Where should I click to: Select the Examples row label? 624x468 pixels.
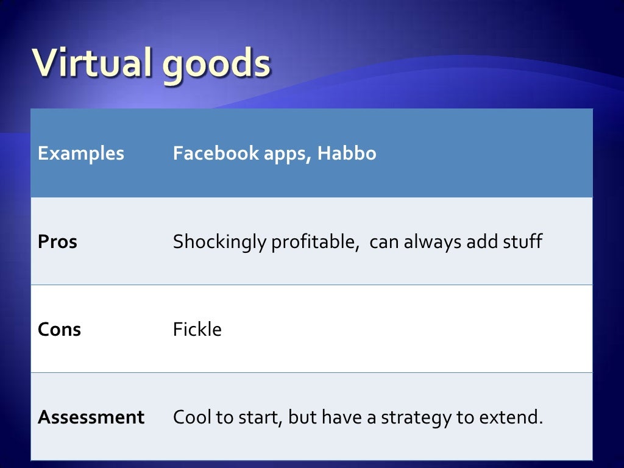tap(80, 154)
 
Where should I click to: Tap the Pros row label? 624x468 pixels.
tap(57, 242)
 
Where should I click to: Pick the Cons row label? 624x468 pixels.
tap(59, 330)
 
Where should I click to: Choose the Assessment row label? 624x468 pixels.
tap(91, 417)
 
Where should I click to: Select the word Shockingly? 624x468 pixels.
tap(219, 243)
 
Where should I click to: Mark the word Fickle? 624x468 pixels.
tap(197, 330)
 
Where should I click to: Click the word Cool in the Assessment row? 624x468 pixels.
tap(191, 417)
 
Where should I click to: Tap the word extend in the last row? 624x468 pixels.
tap(512, 417)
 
